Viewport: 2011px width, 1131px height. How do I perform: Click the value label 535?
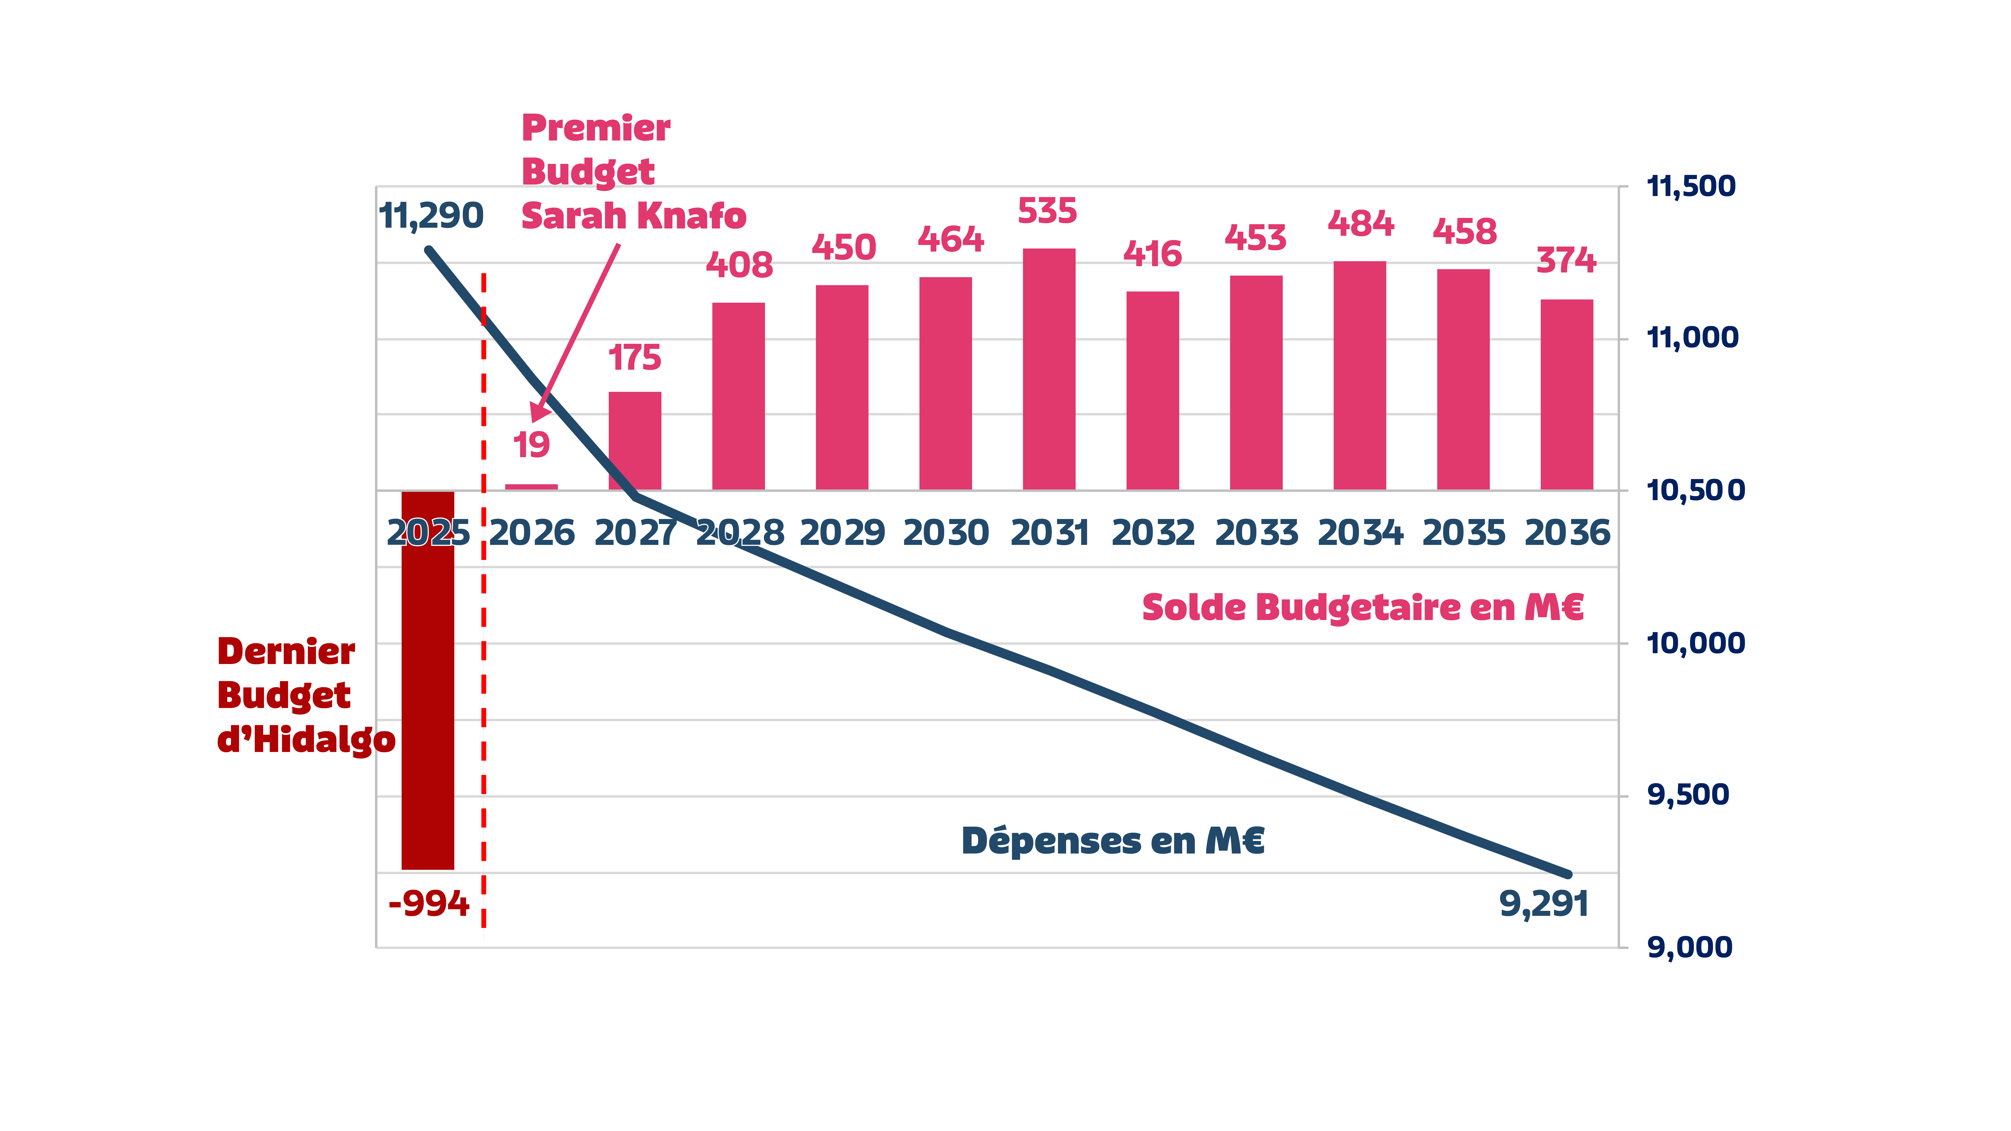click(x=1047, y=212)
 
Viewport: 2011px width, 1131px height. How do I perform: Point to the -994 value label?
click(x=429, y=904)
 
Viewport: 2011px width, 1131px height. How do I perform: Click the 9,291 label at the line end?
click(x=1543, y=904)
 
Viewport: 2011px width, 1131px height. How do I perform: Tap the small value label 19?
click(x=531, y=445)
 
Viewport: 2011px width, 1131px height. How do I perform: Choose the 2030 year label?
click(x=945, y=533)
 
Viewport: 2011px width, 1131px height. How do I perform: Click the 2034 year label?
click(x=1360, y=533)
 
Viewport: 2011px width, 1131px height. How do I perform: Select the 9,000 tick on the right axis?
click(x=1689, y=948)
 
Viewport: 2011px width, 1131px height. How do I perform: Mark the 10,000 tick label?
click(x=1695, y=643)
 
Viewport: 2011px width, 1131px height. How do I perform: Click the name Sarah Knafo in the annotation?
click(x=633, y=216)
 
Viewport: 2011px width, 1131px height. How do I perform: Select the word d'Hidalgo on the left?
click(x=306, y=739)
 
